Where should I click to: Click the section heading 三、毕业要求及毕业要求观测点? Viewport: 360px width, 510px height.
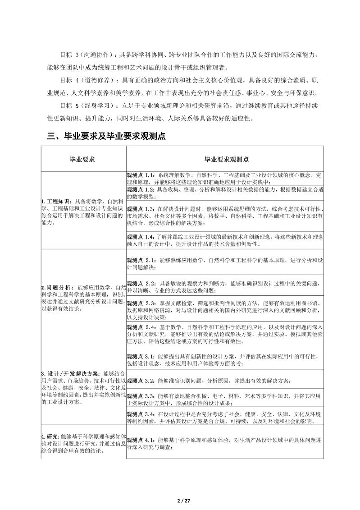(x=106, y=136)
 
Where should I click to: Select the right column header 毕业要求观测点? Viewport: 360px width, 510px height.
(x=224, y=159)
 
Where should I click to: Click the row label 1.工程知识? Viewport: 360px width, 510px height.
(x=57, y=201)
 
